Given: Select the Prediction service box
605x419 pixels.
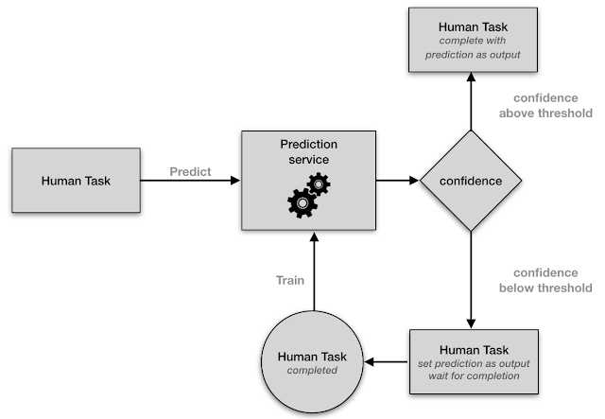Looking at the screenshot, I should [x=309, y=180].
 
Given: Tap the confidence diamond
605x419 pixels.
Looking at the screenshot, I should [x=471, y=180].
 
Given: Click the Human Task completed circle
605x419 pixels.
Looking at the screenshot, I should [x=312, y=363].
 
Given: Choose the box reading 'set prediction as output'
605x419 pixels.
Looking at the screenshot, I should [x=473, y=363].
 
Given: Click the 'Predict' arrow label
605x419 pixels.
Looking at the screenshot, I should [x=190, y=172].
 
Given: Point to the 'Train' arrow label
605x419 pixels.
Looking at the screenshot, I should [x=289, y=281].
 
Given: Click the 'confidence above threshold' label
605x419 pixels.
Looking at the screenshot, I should [x=552, y=106].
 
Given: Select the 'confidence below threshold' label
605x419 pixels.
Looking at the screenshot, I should [x=552, y=278].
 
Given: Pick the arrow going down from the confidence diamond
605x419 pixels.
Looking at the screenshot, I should [x=472, y=279].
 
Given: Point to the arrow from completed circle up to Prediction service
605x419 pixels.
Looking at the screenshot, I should [x=311, y=274].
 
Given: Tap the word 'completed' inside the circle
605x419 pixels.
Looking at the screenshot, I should [x=312, y=372].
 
